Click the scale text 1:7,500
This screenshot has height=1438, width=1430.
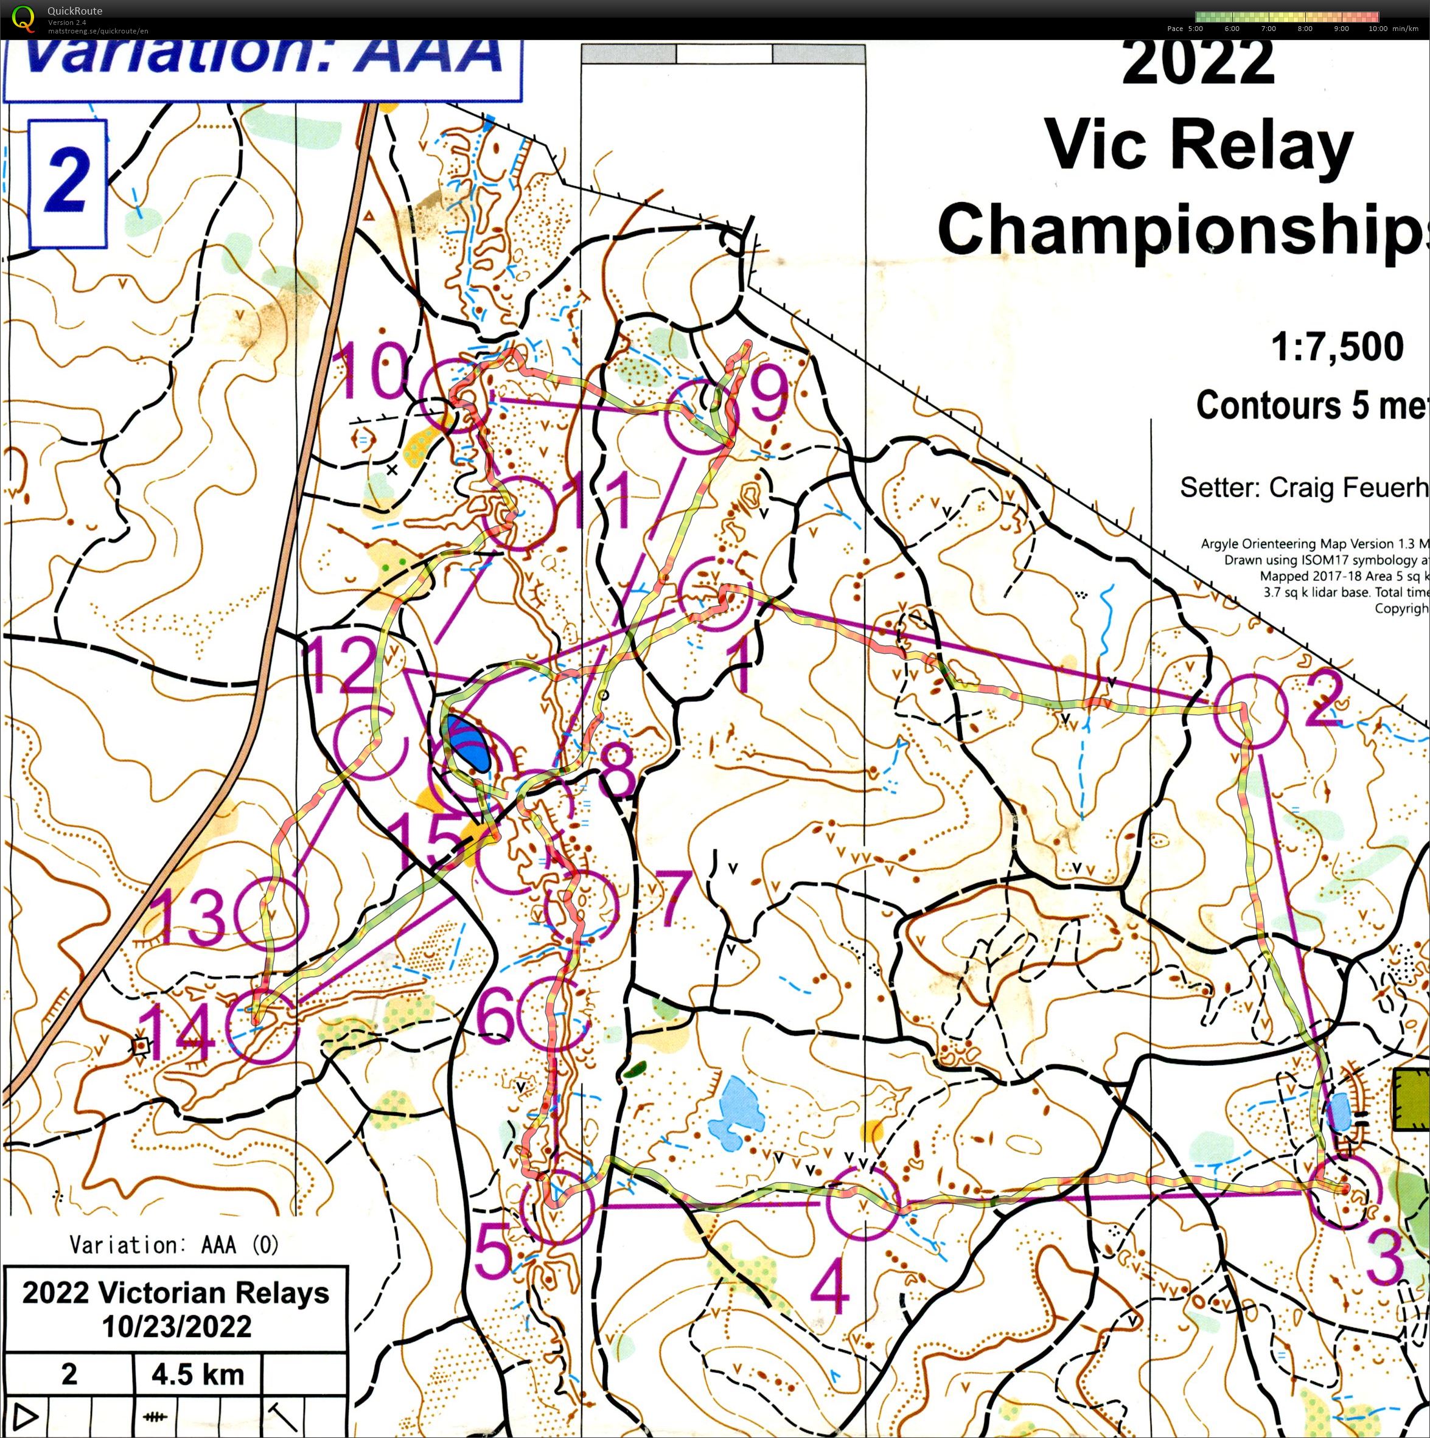1337,347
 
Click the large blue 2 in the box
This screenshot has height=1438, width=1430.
67,181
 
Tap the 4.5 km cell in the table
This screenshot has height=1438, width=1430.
197,1374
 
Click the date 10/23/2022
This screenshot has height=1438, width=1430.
176,1325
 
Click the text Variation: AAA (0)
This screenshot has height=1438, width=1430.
174,1244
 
